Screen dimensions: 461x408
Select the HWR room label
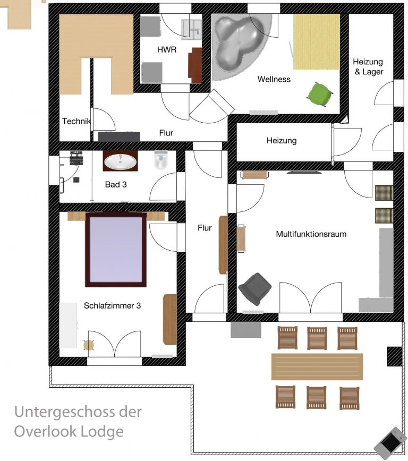click(x=166, y=50)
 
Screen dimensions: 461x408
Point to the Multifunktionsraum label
click(x=311, y=234)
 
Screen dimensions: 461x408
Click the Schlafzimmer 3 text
click(x=112, y=305)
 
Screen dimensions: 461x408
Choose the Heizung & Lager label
click(x=369, y=67)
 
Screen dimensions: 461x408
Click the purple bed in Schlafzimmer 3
click(x=116, y=250)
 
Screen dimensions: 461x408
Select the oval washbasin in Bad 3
click(x=120, y=161)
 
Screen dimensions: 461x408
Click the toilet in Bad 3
click(x=161, y=160)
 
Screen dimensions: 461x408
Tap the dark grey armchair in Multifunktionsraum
click(x=254, y=288)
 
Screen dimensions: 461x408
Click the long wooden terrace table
click(x=317, y=366)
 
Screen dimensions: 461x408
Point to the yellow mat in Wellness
click(x=317, y=41)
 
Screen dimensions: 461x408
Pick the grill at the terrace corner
click(x=390, y=442)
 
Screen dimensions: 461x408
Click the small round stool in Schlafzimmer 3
click(x=89, y=345)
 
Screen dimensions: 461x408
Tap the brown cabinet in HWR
click(x=195, y=65)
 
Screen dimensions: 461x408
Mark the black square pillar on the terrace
click(x=394, y=356)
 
